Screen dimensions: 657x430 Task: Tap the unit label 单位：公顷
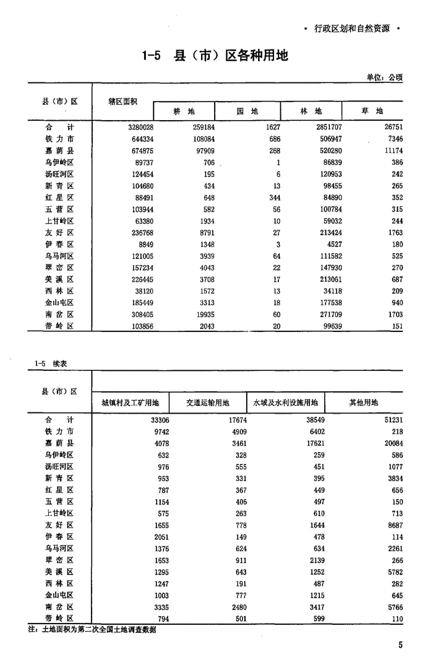point(384,77)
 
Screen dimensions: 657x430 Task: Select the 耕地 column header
point(183,111)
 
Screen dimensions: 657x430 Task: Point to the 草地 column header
point(372,111)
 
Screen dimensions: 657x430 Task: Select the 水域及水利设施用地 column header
point(285,402)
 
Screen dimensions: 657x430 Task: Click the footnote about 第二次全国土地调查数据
point(93,630)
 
